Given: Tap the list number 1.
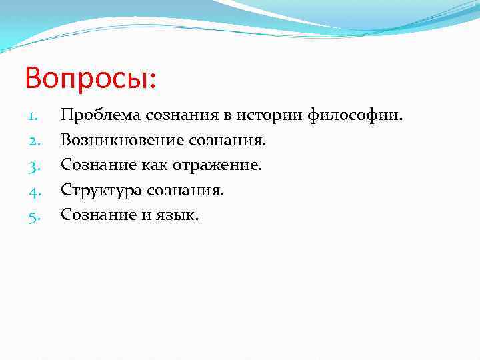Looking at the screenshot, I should (x=35, y=116).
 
